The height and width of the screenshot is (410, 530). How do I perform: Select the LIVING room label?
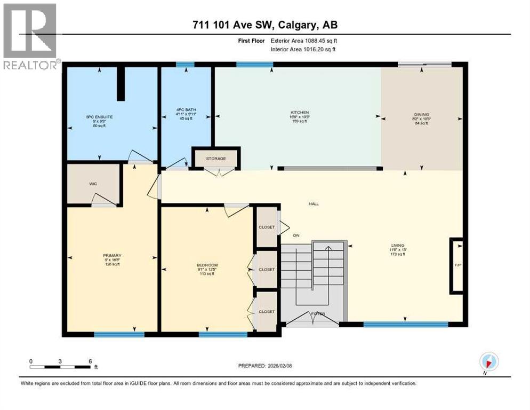click(x=397, y=247)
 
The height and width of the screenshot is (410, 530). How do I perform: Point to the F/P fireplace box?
click(x=456, y=265)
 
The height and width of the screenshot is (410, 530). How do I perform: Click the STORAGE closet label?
click(x=216, y=159)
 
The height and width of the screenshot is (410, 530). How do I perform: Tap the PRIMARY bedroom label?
click(x=113, y=256)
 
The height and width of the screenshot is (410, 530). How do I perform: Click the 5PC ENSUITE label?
click(x=99, y=116)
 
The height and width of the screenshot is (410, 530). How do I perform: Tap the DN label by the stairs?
click(x=297, y=235)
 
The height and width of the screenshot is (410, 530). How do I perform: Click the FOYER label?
click(x=318, y=313)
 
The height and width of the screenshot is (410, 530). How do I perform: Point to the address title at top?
click(x=265, y=25)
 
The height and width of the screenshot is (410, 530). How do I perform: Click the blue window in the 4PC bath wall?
click(x=185, y=65)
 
